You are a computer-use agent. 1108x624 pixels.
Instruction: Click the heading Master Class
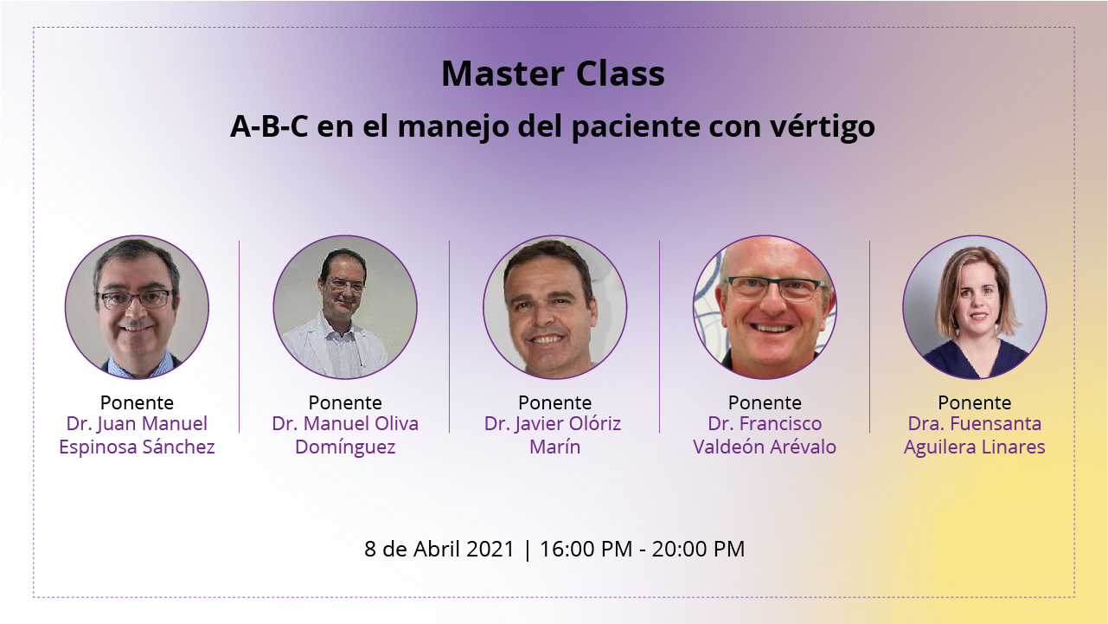pos(553,74)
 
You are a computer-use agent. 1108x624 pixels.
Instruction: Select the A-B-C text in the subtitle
pos(269,126)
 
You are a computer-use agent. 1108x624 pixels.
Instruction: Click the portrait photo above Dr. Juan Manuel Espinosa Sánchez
pos(137,307)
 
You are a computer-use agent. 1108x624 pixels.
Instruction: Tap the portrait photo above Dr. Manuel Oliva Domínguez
pos(345,307)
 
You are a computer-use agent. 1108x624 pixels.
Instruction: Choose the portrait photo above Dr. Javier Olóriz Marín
pos(555,307)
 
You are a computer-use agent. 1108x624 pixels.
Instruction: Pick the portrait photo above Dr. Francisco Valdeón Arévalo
pos(765,307)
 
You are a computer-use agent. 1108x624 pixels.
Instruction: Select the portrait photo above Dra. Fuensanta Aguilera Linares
pos(975,307)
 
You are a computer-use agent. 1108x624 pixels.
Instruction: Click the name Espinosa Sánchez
pos(137,447)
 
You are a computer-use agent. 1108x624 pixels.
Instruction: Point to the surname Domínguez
pos(345,447)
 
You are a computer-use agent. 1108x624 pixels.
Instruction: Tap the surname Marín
pos(555,447)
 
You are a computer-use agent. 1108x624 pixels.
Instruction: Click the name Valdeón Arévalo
pos(765,447)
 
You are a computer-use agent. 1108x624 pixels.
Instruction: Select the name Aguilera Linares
pos(975,447)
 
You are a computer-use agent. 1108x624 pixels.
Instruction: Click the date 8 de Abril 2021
pos(439,549)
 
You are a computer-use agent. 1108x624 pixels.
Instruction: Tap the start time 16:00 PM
pos(586,549)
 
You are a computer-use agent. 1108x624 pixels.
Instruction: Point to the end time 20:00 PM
pos(698,549)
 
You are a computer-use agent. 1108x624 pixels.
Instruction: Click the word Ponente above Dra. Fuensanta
pos(975,402)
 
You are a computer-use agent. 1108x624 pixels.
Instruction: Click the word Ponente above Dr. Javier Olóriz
pos(555,402)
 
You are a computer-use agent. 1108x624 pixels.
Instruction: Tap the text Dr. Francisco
pos(765,424)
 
